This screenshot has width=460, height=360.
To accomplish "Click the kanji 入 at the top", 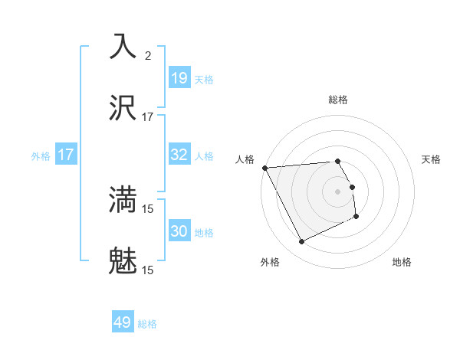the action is [x=123, y=45].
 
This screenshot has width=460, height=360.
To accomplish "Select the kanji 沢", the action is [x=123, y=108].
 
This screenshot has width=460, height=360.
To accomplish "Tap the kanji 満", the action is [x=123, y=198].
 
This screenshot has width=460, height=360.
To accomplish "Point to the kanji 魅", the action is [x=123, y=260].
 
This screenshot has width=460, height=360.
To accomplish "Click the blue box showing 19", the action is [x=179, y=78].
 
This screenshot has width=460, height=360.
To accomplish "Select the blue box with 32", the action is [x=179, y=155].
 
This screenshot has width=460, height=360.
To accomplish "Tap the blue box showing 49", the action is [x=123, y=322].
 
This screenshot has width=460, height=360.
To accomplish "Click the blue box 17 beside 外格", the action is [x=66, y=155].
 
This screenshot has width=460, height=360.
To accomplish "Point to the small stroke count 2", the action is [x=148, y=55].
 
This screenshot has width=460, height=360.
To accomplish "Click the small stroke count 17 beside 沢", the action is [x=148, y=117].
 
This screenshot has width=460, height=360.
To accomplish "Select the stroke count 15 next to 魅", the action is [x=148, y=270].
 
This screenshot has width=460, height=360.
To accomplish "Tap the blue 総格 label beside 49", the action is [x=147, y=324].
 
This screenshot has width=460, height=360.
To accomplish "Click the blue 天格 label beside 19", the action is [x=204, y=79].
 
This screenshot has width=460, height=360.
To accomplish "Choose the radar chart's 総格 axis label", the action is [x=338, y=100].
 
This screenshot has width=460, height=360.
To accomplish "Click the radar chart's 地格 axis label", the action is [x=402, y=262].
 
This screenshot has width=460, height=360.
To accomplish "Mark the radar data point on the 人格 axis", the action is [x=264, y=167].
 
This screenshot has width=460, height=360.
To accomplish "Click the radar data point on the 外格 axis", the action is [x=301, y=242].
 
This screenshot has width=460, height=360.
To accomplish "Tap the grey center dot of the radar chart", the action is [x=338, y=191].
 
